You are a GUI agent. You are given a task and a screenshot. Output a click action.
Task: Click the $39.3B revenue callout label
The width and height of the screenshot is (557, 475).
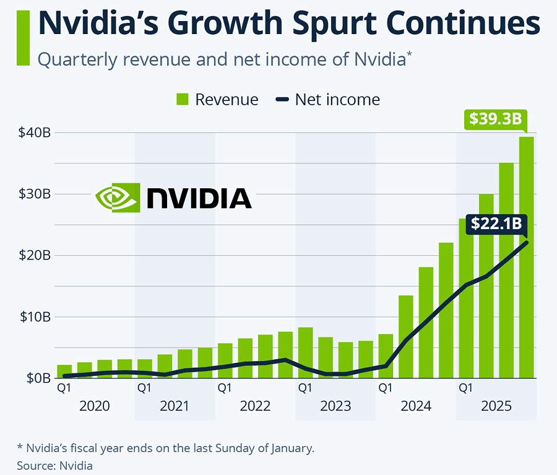pyautogui.click(x=496, y=119)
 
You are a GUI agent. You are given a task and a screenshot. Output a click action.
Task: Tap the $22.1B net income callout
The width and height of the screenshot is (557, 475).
pyautogui.click(x=496, y=224)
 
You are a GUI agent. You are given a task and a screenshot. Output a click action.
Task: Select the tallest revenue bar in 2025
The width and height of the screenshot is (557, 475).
pyautogui.click(x=526, y=257)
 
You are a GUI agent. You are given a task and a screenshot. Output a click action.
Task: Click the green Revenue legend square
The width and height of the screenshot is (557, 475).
pyautogui.click(x=182, y=99)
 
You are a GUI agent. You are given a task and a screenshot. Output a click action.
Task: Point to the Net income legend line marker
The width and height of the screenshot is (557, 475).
pyautogui.click(x=282, y=99)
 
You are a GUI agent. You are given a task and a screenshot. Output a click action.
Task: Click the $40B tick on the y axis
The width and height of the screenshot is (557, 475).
pyautogui.click(x=35, y=133)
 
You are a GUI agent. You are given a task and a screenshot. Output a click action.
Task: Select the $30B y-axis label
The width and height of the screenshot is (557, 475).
pyautogui.click(x=35, y=194)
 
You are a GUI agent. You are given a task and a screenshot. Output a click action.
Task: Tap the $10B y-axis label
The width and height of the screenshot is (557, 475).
pyautogui.click(x=35, y=317)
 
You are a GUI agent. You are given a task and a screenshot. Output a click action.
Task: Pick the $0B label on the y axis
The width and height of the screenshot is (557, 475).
pyautogui.click(x=38, y=378)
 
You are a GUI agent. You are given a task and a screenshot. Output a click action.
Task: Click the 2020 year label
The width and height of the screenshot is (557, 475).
pyautogui.click(x=94, y=406)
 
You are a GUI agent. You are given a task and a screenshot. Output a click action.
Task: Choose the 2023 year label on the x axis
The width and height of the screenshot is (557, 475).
pyautogui.click(x=335, y=406)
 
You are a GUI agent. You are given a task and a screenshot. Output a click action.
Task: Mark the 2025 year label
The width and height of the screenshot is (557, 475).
pyautogui.click(x=496, y=406)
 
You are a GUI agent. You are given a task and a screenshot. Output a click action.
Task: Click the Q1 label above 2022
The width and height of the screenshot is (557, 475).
pyautogui.click(x=225, y=388)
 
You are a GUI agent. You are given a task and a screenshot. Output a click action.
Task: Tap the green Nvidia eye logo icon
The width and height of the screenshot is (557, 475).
pyautogui.click(x=118, y=198)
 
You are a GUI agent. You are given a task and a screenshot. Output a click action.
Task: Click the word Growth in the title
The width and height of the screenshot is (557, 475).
pyautogui.click(x=225, y=24)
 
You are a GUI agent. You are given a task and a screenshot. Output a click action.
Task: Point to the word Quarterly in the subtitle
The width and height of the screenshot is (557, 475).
pyautogui.click(x=77, y=59)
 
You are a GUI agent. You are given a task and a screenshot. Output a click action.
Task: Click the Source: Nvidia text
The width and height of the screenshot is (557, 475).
pyautogui.click(x=54, y=466)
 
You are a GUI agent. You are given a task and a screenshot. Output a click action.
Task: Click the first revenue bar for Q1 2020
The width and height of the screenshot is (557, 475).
pyautogui.click(x=64, y=371)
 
